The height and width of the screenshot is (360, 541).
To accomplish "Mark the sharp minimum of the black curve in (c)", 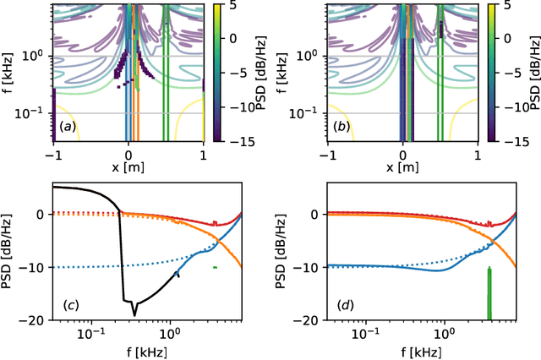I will click(134, 314).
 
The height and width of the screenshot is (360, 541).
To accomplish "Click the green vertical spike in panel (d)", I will click(489, 292).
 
